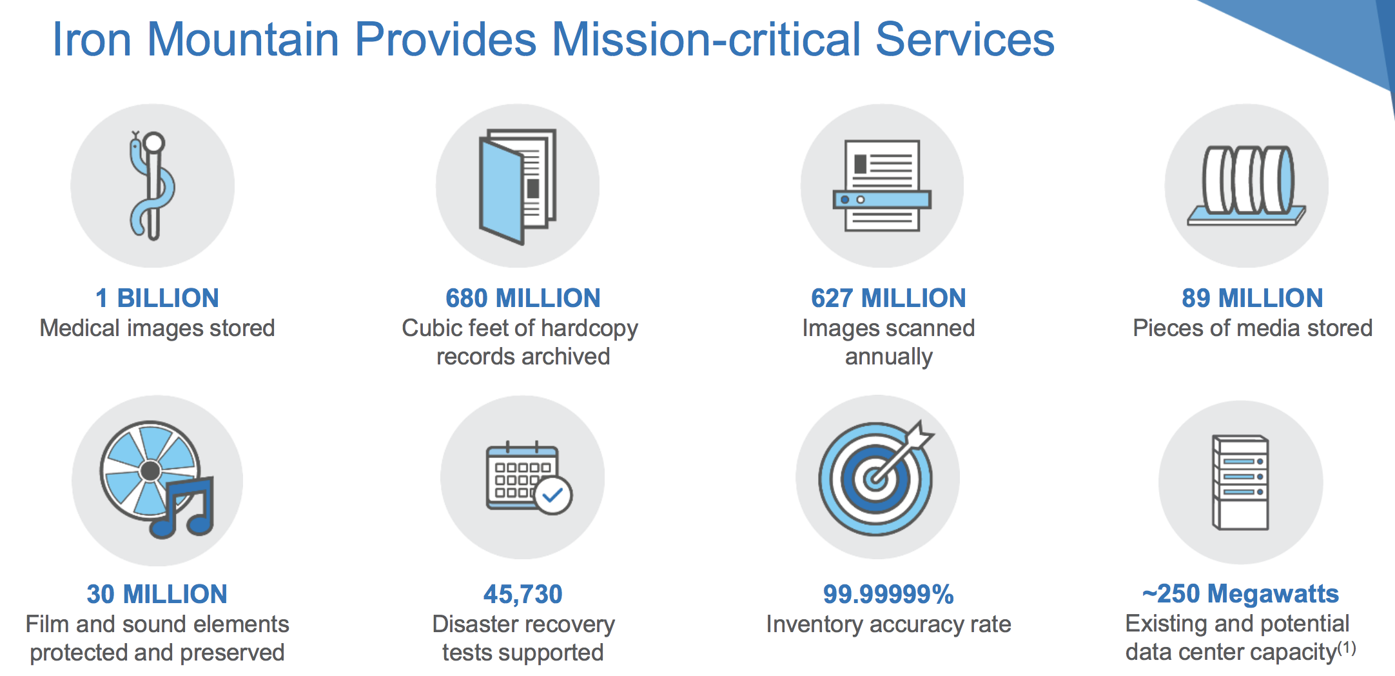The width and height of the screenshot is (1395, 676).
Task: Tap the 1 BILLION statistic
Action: click(x=157, y=298)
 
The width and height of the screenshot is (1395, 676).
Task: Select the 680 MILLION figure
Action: click(x=523, y=298)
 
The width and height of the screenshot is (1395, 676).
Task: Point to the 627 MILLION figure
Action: click(x=888, y=298)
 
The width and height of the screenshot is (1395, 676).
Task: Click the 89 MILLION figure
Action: click(x=1253, y=298)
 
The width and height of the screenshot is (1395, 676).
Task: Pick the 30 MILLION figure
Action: click(x=157, y=594)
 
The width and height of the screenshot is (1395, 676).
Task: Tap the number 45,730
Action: click(x=523, y=594)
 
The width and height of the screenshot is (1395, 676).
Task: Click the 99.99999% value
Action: click(x=888, y=594)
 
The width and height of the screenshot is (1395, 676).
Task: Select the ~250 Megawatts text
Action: click(x=1240, y=593)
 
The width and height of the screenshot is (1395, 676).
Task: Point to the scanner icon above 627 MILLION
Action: click(x=882, y=186)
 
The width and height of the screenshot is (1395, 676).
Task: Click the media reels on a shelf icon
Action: click(x=1247, y=186)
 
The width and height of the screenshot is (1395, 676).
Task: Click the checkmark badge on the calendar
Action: click(x=553, y=495)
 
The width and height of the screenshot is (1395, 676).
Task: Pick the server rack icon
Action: click(x=1240, y=482)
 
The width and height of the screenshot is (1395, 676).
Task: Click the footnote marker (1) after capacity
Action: click(x=1347, y=648)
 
